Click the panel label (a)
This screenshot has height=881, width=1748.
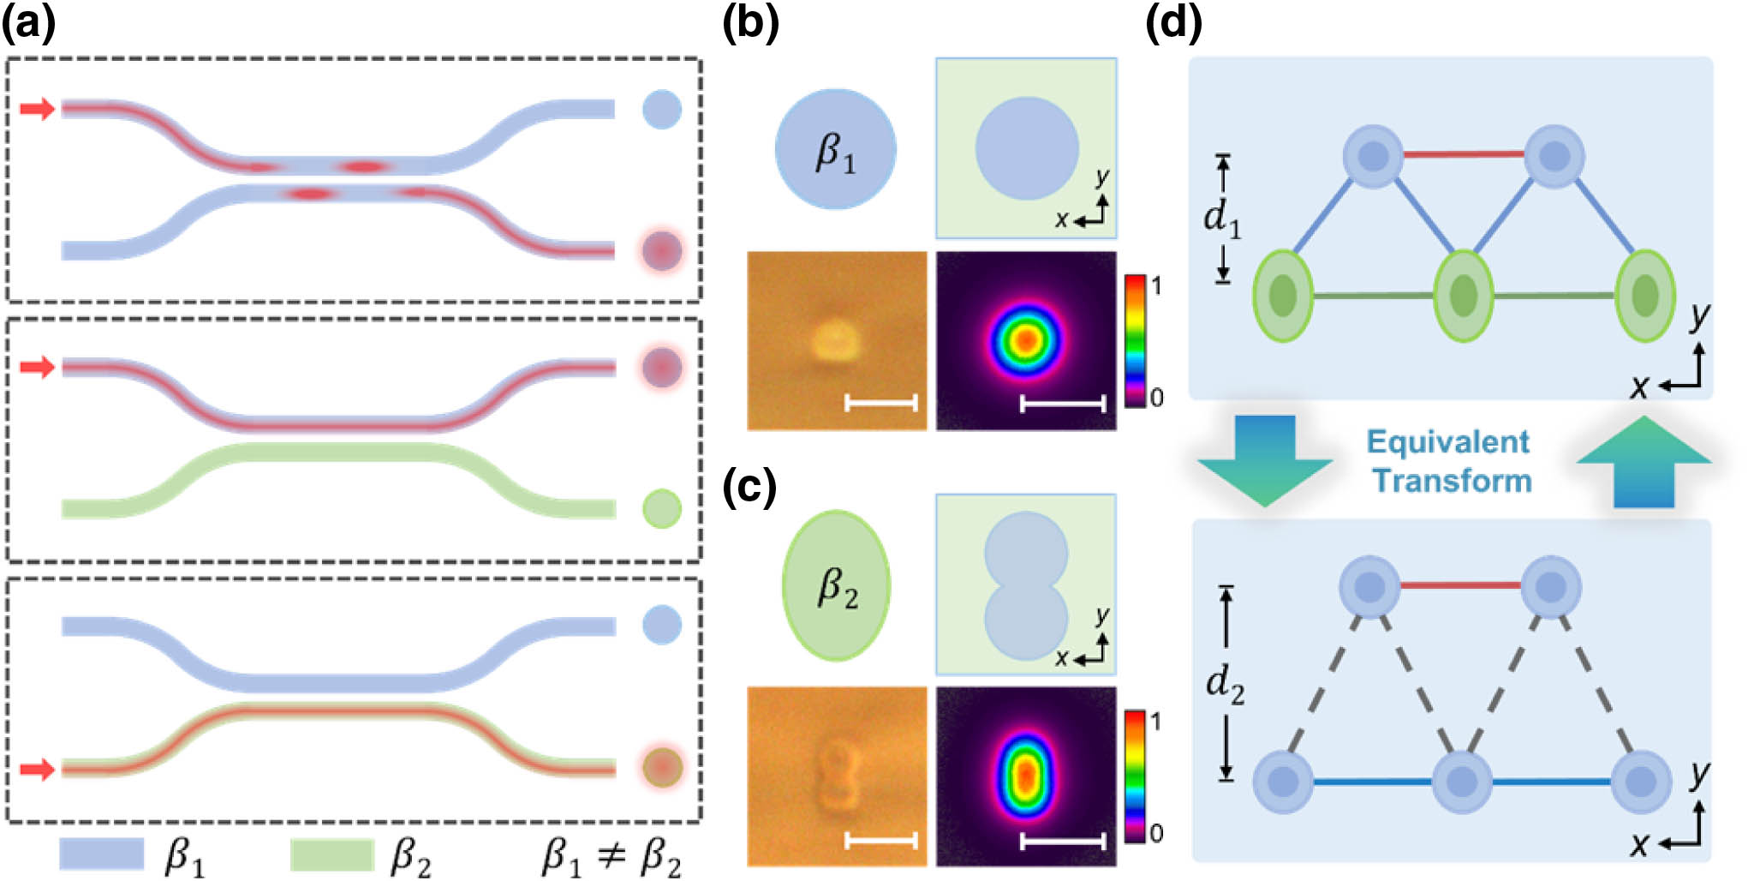click(x=29, y=23)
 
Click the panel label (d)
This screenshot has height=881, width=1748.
click(x=1174, y=23)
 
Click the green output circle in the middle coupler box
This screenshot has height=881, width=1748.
click(x=662, y=509)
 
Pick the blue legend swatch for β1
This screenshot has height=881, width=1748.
click(x=102, y=854)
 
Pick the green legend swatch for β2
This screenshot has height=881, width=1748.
click(x=332, y=854)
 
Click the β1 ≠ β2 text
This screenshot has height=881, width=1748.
click(x=612, y=857)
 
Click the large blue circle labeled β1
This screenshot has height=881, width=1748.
click(x=836, y=149)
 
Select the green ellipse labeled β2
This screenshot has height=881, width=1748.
click(x=837, y=586)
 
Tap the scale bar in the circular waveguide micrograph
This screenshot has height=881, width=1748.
click(x=881, y=402)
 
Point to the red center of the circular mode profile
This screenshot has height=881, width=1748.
click(x=1025, y=341)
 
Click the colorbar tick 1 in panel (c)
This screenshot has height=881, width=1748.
click(x=1156, y=722)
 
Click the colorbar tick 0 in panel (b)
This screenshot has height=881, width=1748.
click(x=1156, y=398)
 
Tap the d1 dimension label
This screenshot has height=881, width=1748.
click(x=1221, y=219)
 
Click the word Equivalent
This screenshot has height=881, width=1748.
click(x=1447, y=442)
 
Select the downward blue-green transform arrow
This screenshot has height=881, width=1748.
click(x=1265, y=460)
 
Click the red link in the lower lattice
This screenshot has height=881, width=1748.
click(x=1460, y=586)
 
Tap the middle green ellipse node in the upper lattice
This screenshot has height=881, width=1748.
click(x=1463, y=296)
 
